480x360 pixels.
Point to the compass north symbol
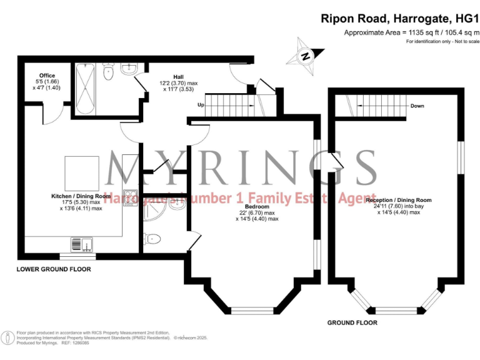point(306,56)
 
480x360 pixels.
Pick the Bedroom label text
point(257,206)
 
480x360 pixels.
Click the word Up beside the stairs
point(201,105)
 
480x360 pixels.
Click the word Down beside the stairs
point(417,106)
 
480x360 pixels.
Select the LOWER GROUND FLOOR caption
point(54,269)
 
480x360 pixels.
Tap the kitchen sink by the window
point(81,244)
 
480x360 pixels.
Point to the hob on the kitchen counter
point(131,197)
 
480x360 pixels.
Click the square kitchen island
point(82,173)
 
